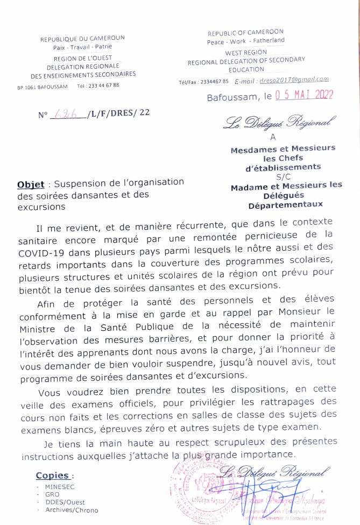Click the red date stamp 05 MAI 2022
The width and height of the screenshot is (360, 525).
304,95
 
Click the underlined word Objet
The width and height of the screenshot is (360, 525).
31,184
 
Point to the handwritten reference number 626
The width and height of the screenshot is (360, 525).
67,114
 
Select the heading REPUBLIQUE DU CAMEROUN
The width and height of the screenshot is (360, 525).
82,38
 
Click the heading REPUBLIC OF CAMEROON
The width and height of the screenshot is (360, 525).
246,33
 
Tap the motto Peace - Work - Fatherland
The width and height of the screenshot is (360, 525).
246,41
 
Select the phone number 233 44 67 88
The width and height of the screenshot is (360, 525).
104,85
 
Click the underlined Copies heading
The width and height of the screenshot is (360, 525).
52,476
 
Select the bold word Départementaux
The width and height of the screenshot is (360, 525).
286,205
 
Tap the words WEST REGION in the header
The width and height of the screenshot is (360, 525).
246,53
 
